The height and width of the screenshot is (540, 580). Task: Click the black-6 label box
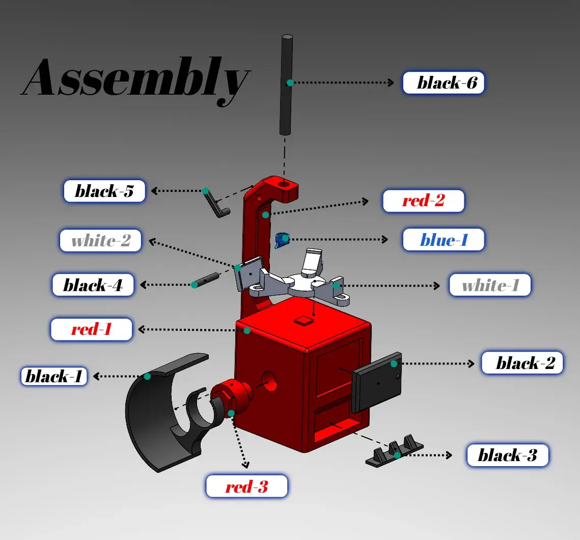443,82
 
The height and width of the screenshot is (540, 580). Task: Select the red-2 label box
423,201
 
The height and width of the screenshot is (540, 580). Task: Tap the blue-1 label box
443,240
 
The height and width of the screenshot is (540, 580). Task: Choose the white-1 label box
489,285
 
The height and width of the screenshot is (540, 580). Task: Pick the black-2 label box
522,363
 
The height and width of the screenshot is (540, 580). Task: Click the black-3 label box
507,455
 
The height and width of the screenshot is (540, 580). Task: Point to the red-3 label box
246,487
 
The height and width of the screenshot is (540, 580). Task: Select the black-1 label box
53,377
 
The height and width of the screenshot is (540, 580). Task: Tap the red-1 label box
92,329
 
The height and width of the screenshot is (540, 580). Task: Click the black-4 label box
93,285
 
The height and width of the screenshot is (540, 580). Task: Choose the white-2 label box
101,241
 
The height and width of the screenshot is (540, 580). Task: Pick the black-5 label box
104,191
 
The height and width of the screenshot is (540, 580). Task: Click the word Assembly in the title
135,78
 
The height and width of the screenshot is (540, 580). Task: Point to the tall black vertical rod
287,84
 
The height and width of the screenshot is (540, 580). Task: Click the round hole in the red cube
270,381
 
